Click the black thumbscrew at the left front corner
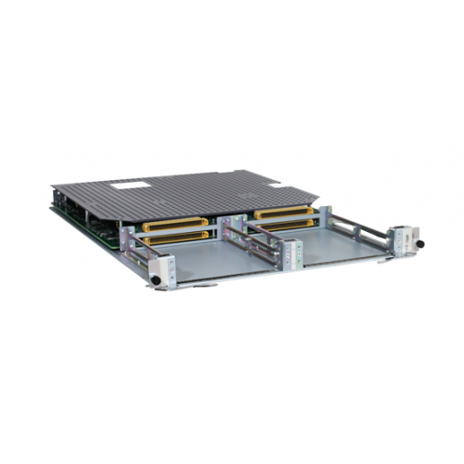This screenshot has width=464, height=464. point(155,279)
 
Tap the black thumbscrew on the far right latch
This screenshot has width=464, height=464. point(418,243)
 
